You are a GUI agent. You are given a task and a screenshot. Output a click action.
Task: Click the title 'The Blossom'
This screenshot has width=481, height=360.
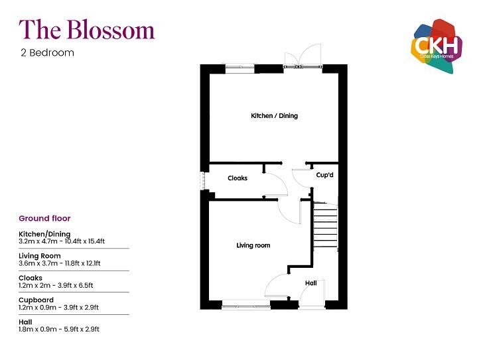coord(86,29)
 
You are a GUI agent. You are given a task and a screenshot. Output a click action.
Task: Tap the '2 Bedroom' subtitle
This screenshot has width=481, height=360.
coord(47,52)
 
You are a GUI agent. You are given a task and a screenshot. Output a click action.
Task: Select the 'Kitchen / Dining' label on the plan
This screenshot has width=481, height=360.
coord(274,116)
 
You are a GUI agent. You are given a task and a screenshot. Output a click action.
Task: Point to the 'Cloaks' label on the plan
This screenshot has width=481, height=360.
coord(238,178)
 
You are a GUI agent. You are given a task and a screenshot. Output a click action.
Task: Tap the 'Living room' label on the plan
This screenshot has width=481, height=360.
coord(253,245)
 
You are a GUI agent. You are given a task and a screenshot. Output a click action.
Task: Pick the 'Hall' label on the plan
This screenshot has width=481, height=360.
coord(310,283)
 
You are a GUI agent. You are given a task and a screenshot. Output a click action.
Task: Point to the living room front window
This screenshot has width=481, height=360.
coord(245,306)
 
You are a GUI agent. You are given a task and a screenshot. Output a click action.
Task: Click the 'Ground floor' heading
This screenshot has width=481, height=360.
coord(44,218)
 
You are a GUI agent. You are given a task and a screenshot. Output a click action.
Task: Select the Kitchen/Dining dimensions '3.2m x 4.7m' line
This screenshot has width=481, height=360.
coord(62,241)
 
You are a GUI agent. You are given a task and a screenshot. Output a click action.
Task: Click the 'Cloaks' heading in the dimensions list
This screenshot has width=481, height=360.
coord(31,278)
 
